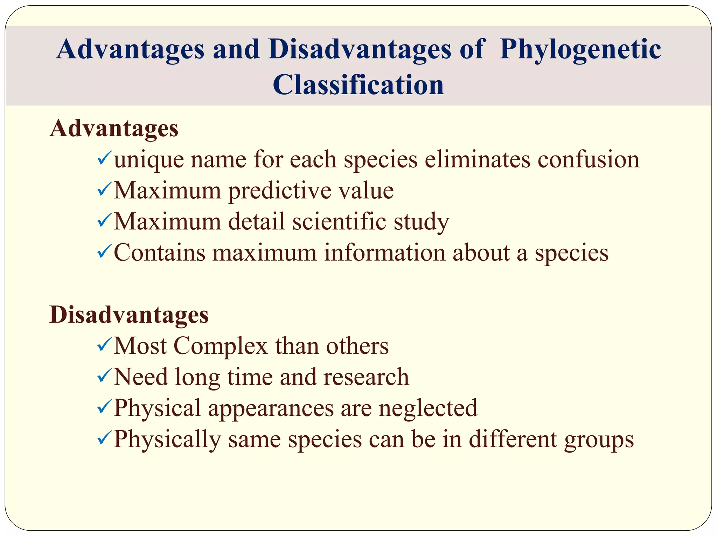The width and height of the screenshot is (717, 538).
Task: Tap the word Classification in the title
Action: (358, 85)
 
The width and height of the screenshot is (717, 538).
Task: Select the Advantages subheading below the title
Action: (114, 129)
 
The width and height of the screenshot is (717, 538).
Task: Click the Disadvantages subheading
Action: (129, 315)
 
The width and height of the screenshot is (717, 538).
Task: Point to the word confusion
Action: (589, 160)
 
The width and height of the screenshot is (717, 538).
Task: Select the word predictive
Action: (279, 191)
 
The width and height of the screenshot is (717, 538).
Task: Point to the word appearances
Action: (271, 409)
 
